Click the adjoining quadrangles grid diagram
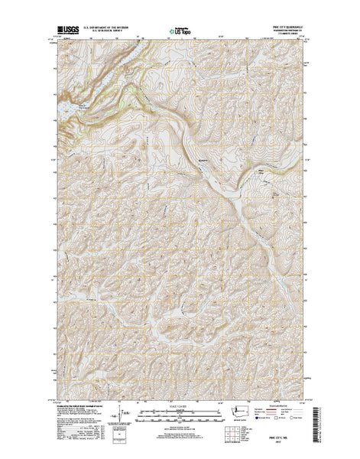pyautogui.click(x=231, y=434)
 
